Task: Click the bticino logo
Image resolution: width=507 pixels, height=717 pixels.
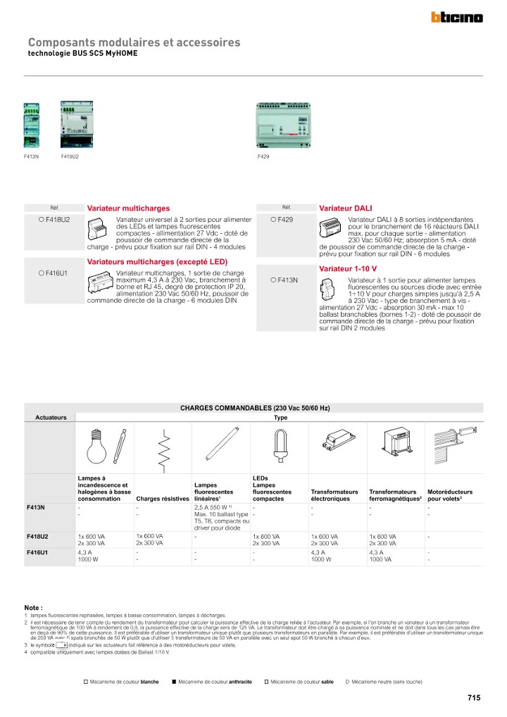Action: click(457, 18)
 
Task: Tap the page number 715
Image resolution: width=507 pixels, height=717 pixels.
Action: click(473, 697)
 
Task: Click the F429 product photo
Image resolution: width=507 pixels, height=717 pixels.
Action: click(284, 127)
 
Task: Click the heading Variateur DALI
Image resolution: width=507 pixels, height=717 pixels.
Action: click(345, 208)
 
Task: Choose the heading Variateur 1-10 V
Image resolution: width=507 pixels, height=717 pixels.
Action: click(348, 269)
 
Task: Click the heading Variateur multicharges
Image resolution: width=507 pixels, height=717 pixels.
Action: click(128, 208)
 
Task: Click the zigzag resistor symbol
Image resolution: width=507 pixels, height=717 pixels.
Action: click(163, 447)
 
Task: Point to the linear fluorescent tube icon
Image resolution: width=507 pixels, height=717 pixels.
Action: click(221, 447)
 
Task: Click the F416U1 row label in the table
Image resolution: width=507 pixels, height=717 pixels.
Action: click(37, 553)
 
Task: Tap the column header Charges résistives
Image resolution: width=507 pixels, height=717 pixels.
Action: click(162, 499)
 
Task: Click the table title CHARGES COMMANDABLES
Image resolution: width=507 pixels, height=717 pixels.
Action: click(255, 408)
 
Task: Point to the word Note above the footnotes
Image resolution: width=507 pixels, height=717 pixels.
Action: click(33, 607)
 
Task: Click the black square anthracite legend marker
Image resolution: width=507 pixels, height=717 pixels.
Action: click(174, 682)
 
